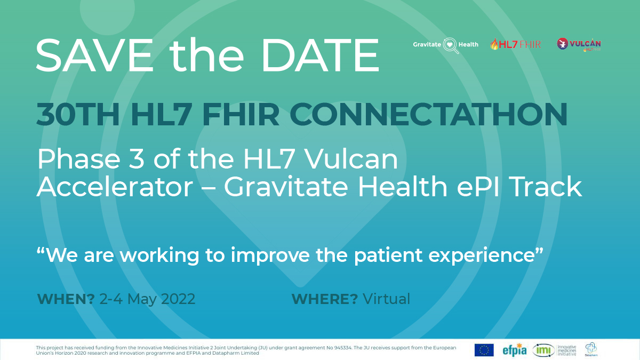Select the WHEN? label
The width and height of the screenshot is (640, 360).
[x=66, y=299]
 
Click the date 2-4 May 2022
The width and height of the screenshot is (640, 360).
[x=148, y=299]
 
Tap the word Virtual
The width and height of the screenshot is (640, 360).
[x=387, y=299]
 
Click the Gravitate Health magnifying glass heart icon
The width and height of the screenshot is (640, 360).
[x=451, y=45]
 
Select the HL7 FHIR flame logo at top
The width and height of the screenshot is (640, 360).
[x=515, y=44]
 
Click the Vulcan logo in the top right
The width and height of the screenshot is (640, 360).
[x=579, y=45]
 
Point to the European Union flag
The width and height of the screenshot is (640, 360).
[x=484, y=350]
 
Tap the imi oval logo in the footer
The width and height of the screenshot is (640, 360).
[x=543, y=350]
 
